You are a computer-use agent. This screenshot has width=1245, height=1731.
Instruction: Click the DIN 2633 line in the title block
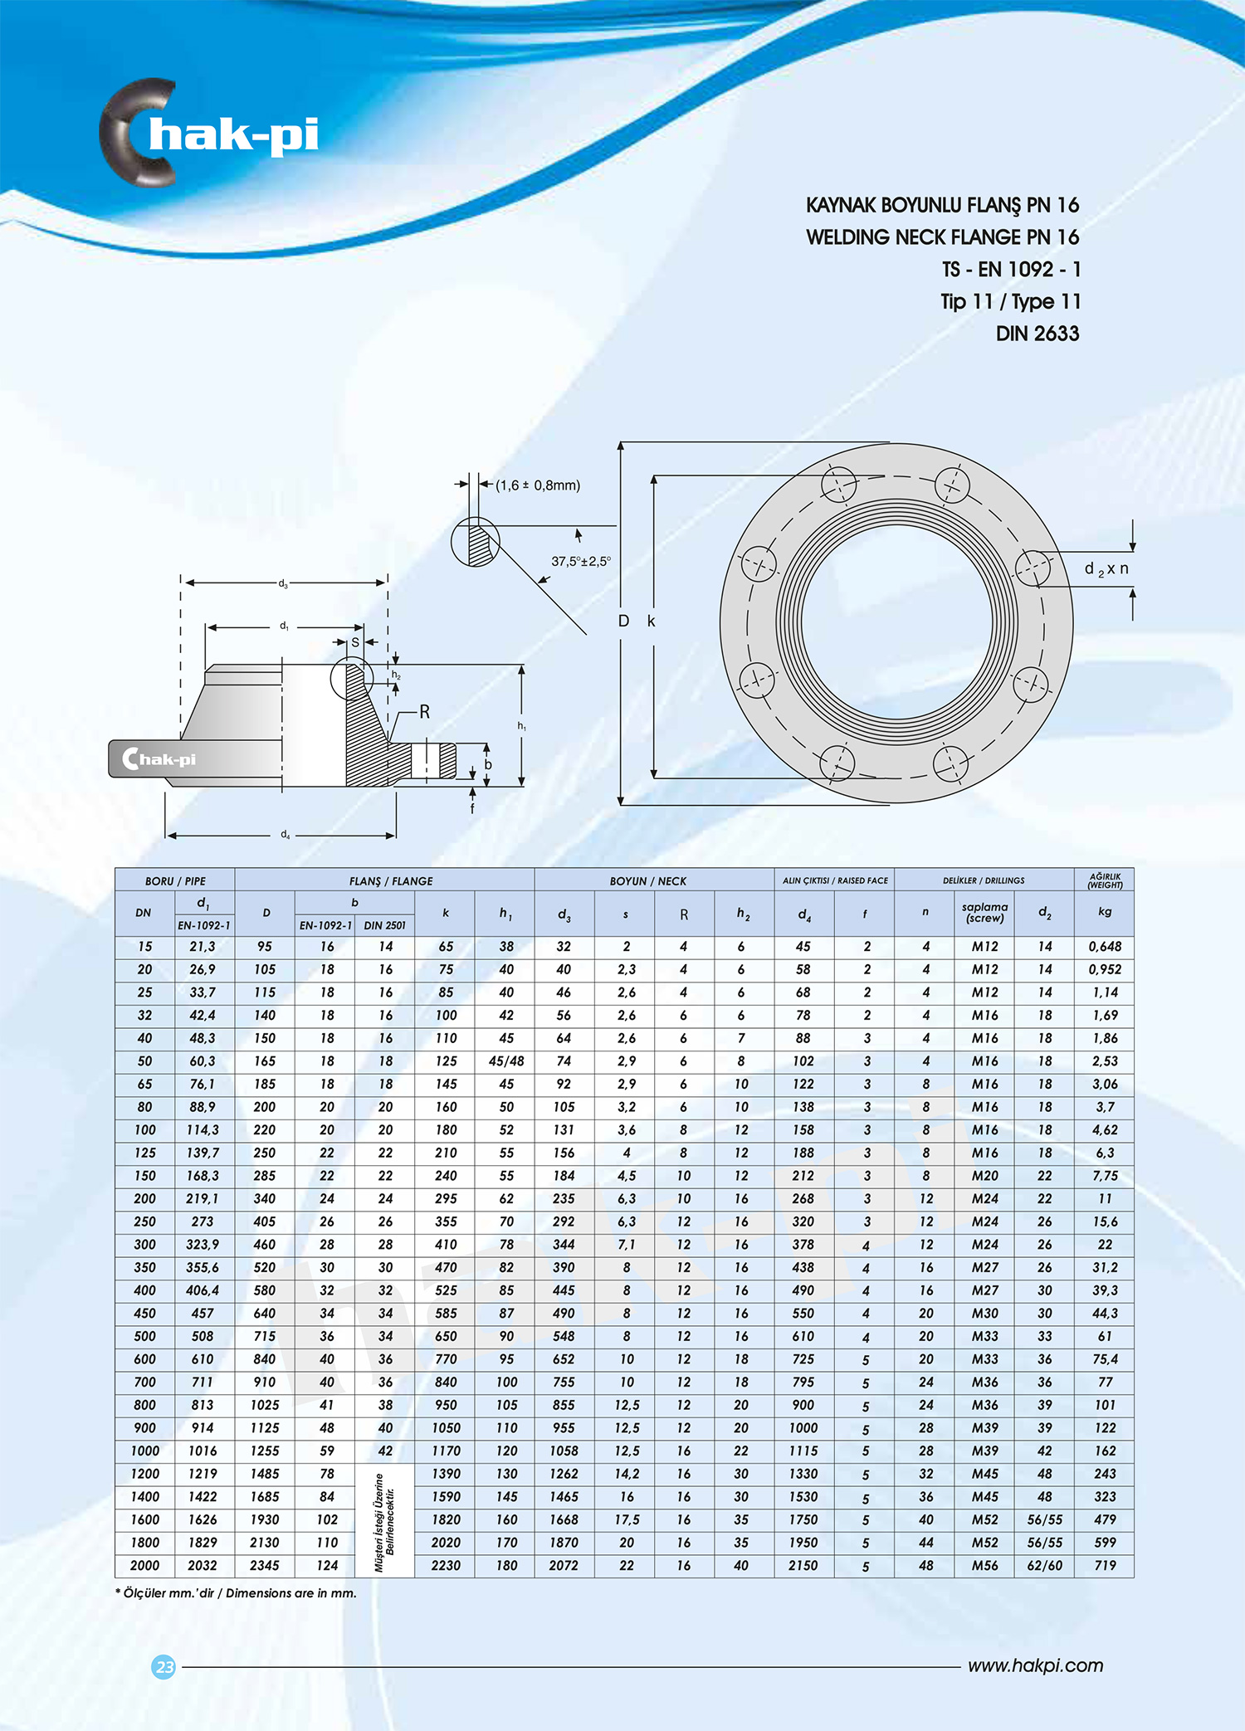click(1037, 334)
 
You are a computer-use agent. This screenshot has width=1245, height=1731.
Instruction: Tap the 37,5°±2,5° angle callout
click(580, 561)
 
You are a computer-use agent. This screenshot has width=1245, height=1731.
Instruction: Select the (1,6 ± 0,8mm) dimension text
click(538, 485)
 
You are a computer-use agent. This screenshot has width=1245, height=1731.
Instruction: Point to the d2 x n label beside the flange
click(1106, 569)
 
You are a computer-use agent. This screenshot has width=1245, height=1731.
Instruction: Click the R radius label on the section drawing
click(424, 712)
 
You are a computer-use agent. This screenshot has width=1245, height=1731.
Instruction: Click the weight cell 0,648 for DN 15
click(1105, 946)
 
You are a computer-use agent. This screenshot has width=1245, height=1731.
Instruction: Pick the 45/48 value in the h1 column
click(506, 1061)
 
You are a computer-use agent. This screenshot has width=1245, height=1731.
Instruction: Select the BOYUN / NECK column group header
click(647, 880)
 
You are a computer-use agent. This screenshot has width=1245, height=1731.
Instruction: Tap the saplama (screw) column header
click(984, 912)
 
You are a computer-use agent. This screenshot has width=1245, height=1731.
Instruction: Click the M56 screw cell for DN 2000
click(984, 1565)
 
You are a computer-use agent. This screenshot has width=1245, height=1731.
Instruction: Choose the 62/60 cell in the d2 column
click(1044, 1565)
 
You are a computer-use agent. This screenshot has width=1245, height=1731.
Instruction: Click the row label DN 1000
click(144, 1451)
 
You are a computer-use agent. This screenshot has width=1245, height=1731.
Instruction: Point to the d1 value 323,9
click(203, 1245)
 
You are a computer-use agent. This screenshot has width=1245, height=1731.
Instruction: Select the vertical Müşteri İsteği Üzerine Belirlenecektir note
click(384, 1520)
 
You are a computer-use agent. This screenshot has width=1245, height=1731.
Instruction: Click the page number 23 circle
click(164, 1666)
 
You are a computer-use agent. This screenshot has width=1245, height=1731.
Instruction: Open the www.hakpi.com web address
click(1035, 1665)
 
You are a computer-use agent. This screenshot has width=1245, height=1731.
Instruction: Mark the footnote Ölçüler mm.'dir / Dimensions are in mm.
click(236, 1592)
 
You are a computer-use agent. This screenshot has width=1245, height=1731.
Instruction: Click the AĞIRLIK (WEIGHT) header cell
click(1104, 880)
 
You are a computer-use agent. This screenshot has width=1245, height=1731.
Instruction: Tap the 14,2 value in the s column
click(626, 1474)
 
